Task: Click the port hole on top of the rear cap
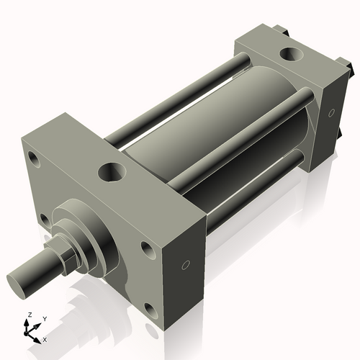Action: [292, 53]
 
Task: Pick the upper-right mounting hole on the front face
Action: [148, 249]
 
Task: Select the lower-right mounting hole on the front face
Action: [150, 312]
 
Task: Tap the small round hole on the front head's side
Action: [186, 265]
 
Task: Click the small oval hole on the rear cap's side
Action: [331, 112]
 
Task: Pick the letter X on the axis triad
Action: [45, 338]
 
